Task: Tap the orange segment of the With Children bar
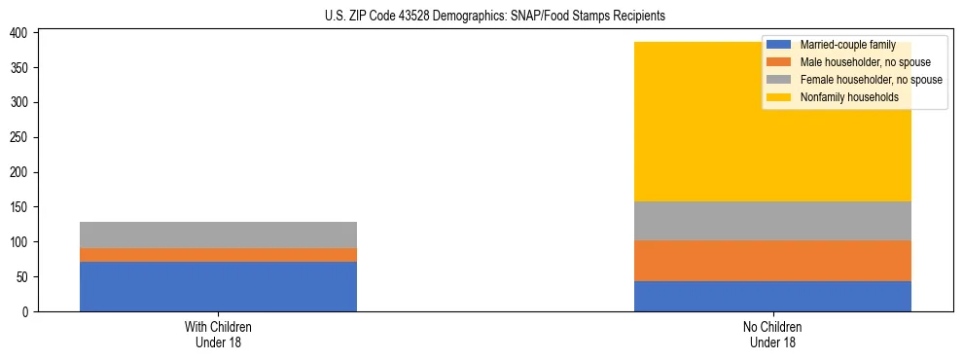point(218,255)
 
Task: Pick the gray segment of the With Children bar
point(218,234)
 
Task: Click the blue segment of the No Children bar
point(772,296)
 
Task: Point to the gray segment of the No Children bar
point(772,221)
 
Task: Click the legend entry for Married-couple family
point(842,45)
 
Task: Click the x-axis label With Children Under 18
point(218,334)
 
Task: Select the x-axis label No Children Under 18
point(772,334)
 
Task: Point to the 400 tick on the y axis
point(18,33)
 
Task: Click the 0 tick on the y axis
point(27,311)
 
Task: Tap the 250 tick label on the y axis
point(18,137)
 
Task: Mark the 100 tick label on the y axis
point(18,242)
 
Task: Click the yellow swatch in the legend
point(779,97)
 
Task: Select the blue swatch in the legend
point(779,45)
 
